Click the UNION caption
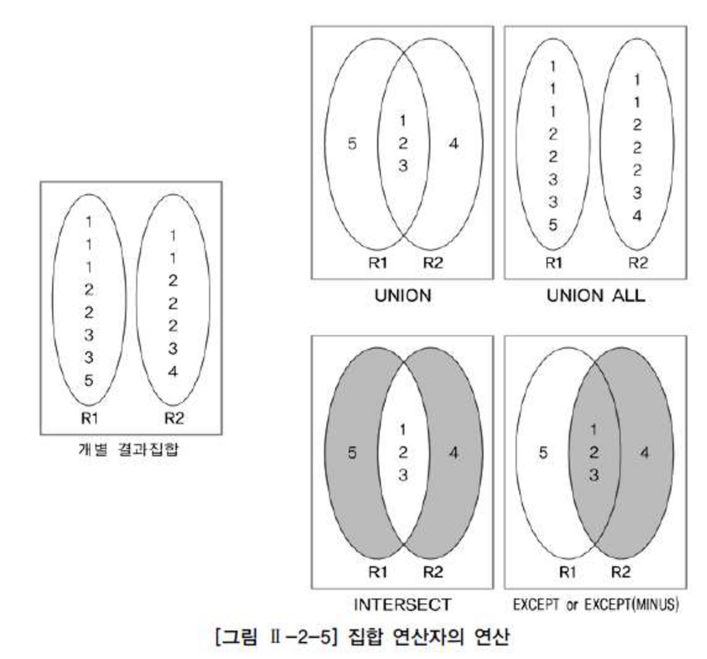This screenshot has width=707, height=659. (403, 296)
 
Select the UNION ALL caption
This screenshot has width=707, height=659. (596, 296)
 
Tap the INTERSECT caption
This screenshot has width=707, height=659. (402, 605)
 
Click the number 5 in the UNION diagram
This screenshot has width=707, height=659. (352, 144)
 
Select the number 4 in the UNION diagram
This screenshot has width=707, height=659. (454, 144)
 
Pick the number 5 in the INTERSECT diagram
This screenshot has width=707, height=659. (352, 453)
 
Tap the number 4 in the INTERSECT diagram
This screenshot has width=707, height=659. (454, 453)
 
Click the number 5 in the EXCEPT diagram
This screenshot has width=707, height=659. (543, 453)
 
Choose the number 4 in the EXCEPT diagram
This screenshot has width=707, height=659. (644, 453)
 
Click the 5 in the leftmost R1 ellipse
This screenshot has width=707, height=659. (89, 380)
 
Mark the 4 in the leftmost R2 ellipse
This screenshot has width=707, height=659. (173, 372)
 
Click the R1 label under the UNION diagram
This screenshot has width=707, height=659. (377, 263)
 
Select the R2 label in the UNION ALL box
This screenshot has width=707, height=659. (638, 263)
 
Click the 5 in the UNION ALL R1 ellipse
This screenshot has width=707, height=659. (553, 225)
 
